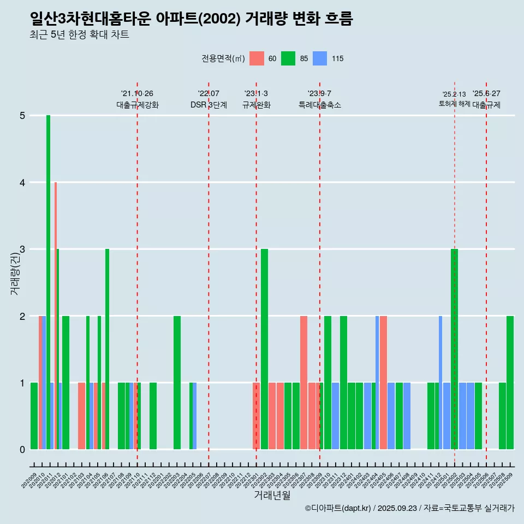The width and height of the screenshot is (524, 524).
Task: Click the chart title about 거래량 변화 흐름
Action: click(192, 19)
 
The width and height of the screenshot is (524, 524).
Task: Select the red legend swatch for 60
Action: click(257, 58)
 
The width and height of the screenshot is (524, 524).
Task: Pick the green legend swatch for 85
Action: click(288, 58)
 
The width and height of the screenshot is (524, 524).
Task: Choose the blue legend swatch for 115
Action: click(320, 58)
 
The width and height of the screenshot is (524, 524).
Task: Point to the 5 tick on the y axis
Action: click(22, 116)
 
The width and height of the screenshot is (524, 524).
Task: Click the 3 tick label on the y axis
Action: click(22, 249)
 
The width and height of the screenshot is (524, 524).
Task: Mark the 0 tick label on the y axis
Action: click(22, 450)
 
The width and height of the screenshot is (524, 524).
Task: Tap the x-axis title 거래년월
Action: click(272, 495)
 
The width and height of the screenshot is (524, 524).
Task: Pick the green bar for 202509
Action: click(510, 383)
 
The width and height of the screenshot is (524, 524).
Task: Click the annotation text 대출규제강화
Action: click(138, 105)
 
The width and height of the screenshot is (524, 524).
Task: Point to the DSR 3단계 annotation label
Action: click(209, 105)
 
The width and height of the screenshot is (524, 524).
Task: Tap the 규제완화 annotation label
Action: click(256, 105)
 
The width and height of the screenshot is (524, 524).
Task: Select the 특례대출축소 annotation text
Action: click(320, 105)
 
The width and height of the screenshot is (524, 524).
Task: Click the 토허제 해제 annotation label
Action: click(454, 104)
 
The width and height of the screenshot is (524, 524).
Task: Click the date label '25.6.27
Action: click(486, 94)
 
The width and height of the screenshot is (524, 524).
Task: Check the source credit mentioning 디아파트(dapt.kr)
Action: click(409, 508)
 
